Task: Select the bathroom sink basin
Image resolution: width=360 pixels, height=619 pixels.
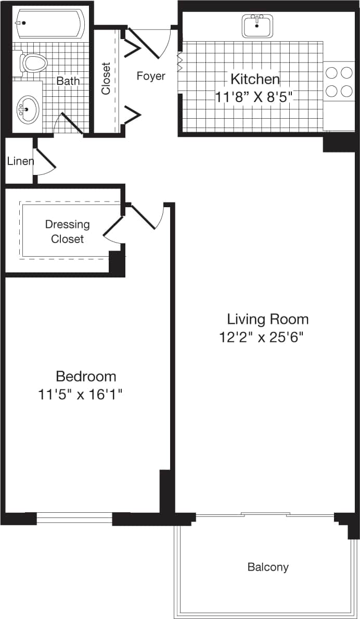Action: [x=27, y=109]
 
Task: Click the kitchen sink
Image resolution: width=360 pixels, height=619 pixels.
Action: [x=257, y=26]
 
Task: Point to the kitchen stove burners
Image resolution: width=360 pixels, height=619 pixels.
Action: [x=339, y=82]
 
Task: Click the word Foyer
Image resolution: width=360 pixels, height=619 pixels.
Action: [x=151, y=76]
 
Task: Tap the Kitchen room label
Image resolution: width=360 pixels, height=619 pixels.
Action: [x=255, y=80]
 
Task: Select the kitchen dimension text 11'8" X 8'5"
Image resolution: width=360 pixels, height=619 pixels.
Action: [x=254, y=96]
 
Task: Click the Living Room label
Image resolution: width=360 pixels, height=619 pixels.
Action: [x=267, y=319]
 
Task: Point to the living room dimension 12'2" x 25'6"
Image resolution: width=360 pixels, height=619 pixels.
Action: [x=261, y=337]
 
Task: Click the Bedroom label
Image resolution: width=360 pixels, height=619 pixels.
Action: [x=86, y=376]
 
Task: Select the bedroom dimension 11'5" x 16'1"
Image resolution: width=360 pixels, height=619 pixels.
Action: [x=80, y=394]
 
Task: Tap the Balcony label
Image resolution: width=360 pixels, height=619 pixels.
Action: [x=268, y=567]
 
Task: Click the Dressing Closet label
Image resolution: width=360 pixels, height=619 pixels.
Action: [x=67, y=232]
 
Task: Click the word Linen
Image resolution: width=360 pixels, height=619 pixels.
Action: [x=20, y=161]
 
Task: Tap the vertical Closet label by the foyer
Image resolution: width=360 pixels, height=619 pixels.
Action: [x=106, y=79]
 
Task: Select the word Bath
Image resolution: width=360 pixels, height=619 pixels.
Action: [x=68, y=81]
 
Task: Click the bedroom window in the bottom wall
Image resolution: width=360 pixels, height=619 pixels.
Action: [x=74, y=518]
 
